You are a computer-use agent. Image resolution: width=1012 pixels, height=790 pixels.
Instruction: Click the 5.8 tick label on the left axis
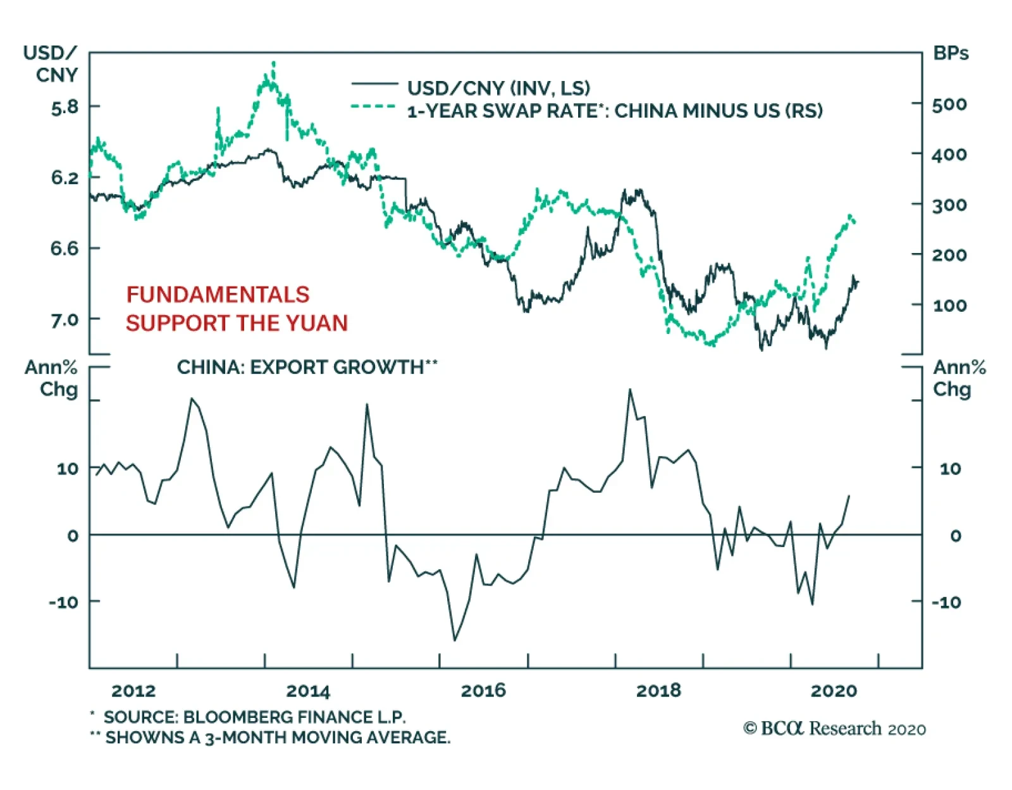click(x=65, y=107)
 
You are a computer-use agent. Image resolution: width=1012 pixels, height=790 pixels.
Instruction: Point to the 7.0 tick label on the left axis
click(x=65, y=320)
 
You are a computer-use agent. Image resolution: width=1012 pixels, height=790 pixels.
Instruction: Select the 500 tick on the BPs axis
click(x=949, y=104)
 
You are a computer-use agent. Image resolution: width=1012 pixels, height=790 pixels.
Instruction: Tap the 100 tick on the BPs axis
click(x=949, y=306)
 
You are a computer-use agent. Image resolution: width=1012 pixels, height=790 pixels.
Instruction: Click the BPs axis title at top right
click(x=950, y=54)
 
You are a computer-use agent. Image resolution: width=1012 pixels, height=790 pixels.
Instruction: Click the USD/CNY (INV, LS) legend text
click(x=498, y=88)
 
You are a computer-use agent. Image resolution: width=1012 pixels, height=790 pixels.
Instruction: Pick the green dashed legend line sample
click(x=374, y=107)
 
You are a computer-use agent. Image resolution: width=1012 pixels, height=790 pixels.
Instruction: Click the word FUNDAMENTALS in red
click(x=218, y=295)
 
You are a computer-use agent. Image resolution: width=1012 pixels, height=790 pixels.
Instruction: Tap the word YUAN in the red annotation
click(x=316, y=323)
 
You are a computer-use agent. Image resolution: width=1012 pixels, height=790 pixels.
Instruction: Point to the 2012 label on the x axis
click(x=133, y=691)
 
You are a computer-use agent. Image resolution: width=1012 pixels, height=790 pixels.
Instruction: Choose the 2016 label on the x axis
click(x=483, y=691)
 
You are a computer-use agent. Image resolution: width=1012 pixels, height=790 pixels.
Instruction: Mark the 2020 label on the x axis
click(x=834, y=691)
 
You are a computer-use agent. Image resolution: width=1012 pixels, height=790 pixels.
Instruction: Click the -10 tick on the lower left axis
click(x=64, y=602)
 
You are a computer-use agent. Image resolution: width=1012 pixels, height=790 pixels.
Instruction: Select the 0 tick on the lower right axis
click(x=955, y=536)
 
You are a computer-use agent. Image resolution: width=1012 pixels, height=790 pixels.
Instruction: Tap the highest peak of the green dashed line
click(x=273, y=63)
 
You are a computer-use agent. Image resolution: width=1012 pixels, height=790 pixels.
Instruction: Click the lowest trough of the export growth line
click(x=454, y=640)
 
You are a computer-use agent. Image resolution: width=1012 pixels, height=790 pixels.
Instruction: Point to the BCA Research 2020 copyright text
click(x=834, y=729)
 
